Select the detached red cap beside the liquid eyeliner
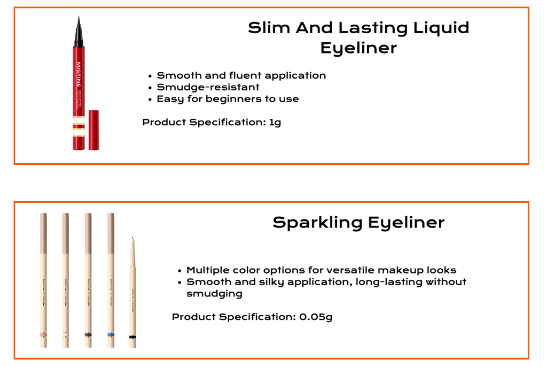pyautogui.click(x=94, y=129)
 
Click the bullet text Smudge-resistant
pyautogui.click(x=208, y=87)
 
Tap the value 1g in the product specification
pyautogui.click(x=275, y=123)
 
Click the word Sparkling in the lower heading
pyautogui.click(x=311, y=223)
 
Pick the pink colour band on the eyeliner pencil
pyautogui.click(x=44, y=334)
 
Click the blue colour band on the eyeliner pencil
pyautogui.click(x=110, y=334)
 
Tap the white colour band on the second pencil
pyautogui.click(x=66, y=334)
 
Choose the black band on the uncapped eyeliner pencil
pyautogui.click(x=132, y=337)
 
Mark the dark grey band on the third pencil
pyautogui.click(x=88, y=334)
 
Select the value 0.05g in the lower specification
pyautogui.click(x=316, y=317)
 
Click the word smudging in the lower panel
pyautogui.click(x=214, y=294)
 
